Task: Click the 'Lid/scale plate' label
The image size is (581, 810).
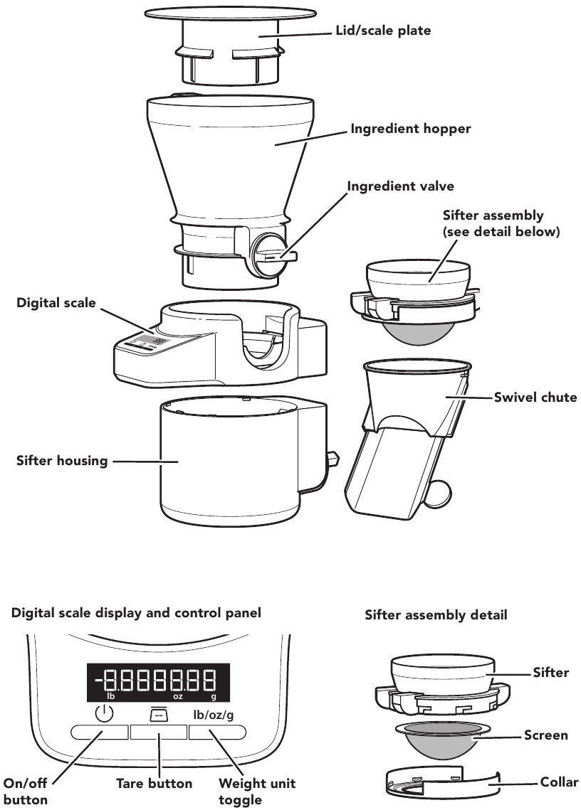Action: click(x=383, y=31)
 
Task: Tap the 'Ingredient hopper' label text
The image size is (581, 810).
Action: click(x=411, y=129)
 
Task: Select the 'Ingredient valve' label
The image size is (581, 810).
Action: click(x=400, y=186)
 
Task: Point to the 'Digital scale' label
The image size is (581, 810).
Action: click(x=56, y=303)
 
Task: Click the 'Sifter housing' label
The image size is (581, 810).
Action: click(x=62, y=461)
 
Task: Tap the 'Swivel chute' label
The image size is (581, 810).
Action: click(x=535, y=398)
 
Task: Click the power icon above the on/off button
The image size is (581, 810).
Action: click(x=104, y=714)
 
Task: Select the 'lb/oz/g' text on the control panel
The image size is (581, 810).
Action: click(x=213, y=714)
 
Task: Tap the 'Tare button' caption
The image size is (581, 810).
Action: click(x=155, y=784)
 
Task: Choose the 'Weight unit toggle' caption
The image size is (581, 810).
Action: click(x=257, y=792)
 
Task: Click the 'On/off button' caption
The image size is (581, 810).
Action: click(x=26, y=792)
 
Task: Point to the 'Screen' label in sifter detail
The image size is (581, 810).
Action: click(x=545, y=735)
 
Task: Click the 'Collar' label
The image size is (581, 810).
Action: click(x=559, y=782)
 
